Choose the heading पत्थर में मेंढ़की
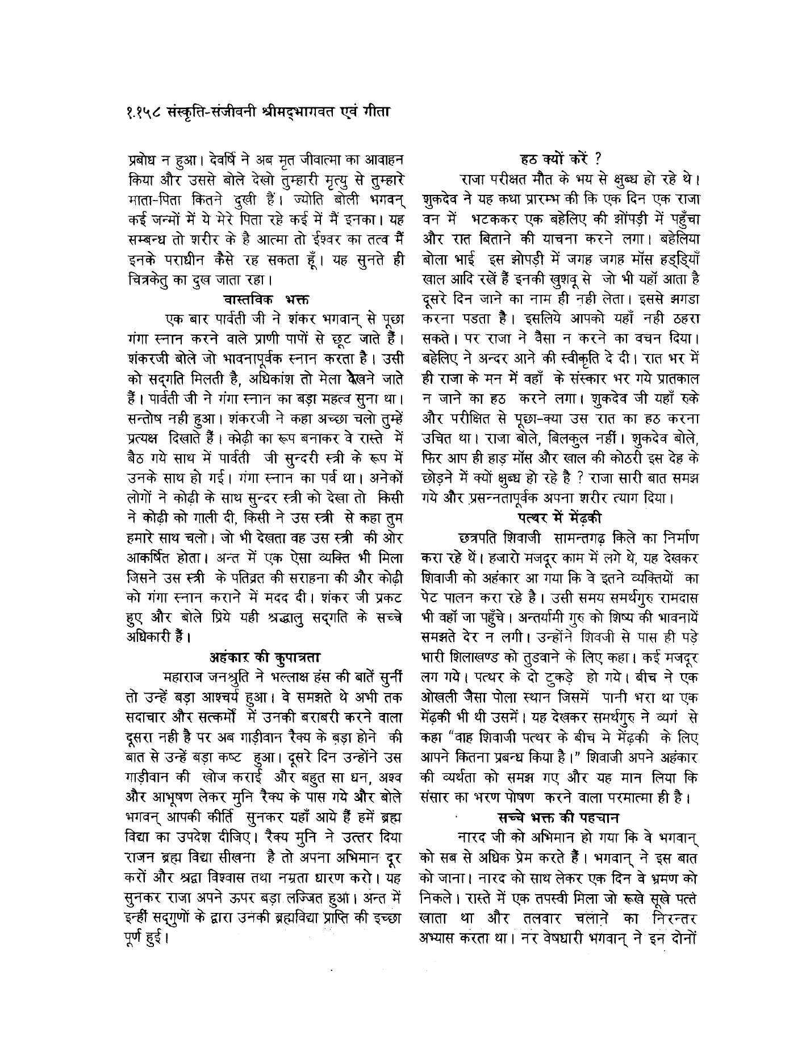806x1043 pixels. click(x=560, y=517)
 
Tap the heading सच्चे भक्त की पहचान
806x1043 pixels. click(x=558, y=817)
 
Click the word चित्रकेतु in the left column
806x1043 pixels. click(x=151, y=279)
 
